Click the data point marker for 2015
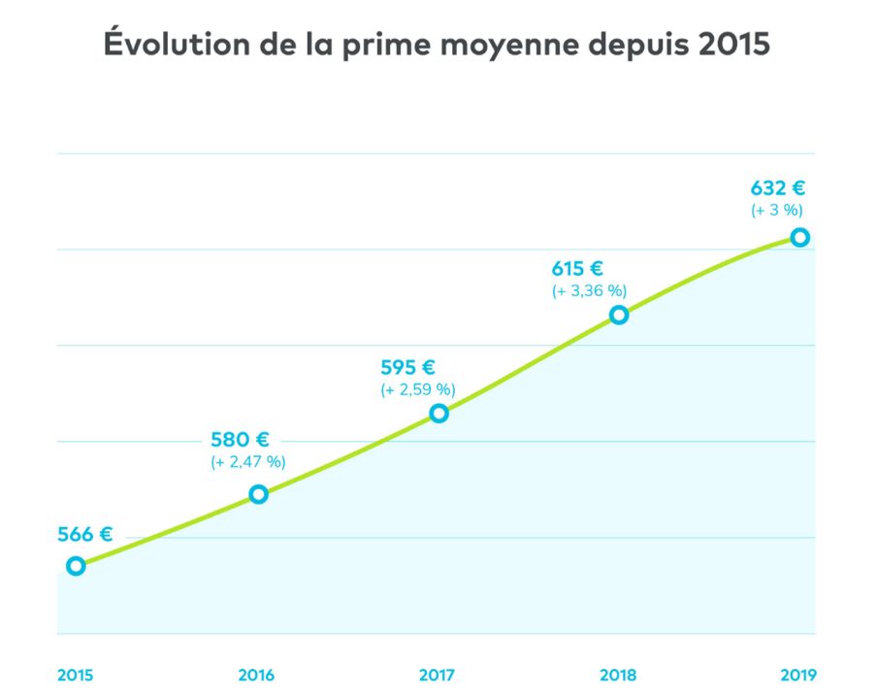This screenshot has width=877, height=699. click(75, 566)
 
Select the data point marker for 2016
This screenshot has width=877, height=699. click(258, 494)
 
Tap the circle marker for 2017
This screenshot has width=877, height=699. click(438, 413)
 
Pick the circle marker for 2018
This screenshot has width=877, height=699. click(619, 315)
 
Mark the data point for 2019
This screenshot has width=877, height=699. click(799, 237)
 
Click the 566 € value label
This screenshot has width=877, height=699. click(85, 534)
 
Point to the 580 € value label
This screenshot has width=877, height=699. click(240, 439)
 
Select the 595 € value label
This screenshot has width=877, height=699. click(408, 367)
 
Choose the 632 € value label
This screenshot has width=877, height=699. click(778, 188)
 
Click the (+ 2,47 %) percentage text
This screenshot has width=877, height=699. click(248, 462)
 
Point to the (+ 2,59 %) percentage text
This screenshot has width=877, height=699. click(417, 389)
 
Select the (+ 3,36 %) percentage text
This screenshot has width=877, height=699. click(590, 291)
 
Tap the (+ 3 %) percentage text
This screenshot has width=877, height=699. click(778, 210)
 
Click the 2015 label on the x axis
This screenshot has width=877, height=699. click(75, 675)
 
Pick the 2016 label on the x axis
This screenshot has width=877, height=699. click(256, 675)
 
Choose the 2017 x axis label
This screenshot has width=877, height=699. click(438, 675)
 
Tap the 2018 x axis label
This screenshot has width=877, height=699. click(618, 675)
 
